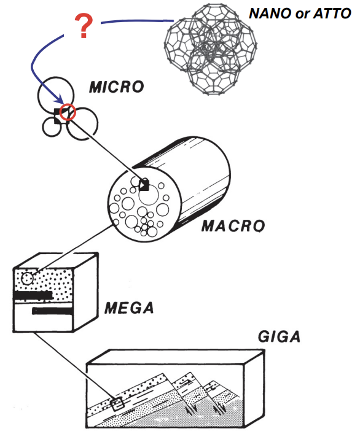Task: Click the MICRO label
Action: (x=117, y=87)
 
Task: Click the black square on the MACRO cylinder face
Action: (x=144, y=185)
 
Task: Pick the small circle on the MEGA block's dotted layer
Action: (x=27, y=279)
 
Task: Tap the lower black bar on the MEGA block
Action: (x=53, y=311)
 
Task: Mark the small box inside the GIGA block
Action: (x=117, y=403)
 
